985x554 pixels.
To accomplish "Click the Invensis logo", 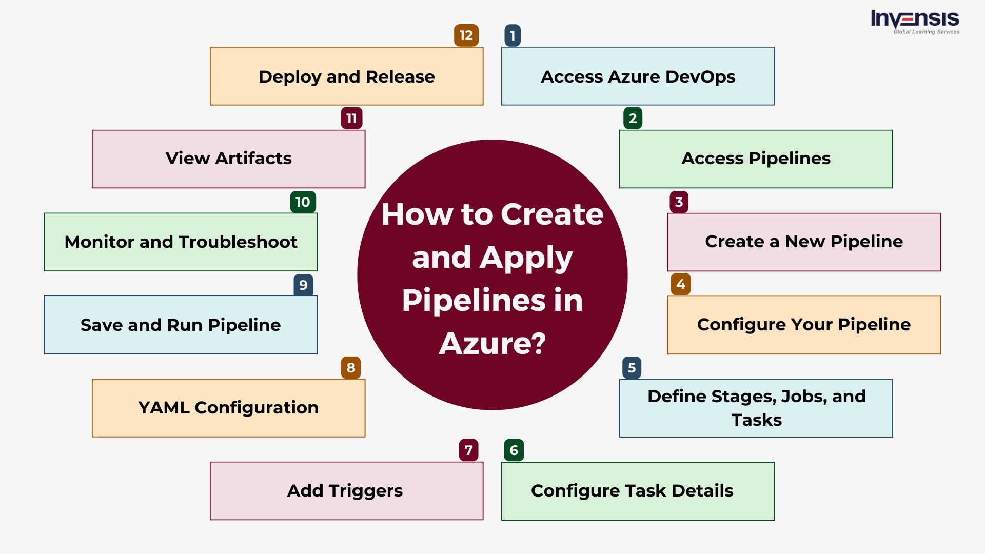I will click(915, 22).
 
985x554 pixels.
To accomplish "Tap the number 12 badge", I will click(466, 35).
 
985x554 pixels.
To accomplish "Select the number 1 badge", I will click(512, 35).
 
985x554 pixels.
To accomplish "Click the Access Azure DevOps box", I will click(638, 76).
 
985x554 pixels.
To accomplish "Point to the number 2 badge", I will click(633, 118).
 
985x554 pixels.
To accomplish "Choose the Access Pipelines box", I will click(756, 159).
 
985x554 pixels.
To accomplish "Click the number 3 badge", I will click(679, 202).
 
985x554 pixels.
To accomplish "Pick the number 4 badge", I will click(680, 284).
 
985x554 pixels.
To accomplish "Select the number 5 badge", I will click(632, 368).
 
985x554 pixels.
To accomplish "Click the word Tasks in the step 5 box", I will click(756, 420).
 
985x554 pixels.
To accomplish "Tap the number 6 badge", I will click(514, 450).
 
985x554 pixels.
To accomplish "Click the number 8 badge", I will click(351, 368).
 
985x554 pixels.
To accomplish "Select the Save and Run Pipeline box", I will click(181, 325).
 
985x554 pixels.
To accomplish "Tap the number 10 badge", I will click(303, 202).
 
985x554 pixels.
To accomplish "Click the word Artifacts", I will click(253, 159).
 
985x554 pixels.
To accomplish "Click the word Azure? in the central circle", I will click(493, 343).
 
